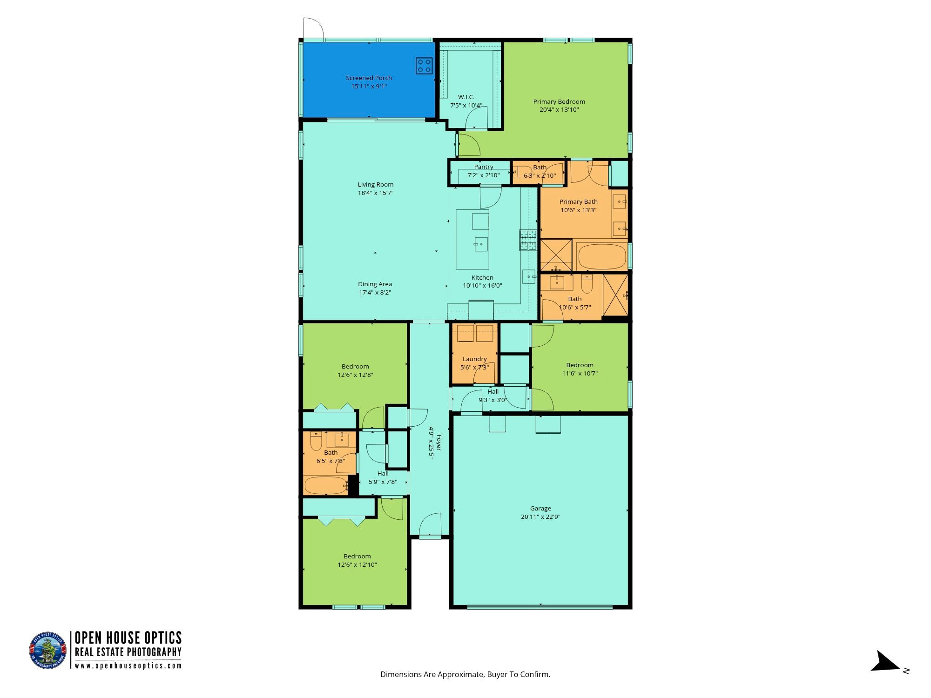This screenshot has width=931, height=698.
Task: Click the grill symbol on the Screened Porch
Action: (x=424, y=66)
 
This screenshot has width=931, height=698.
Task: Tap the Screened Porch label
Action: (x=369, y=78)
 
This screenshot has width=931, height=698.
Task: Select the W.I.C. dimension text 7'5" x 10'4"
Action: (x=466, y=105)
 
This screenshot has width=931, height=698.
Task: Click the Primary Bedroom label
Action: (x=559, y=101)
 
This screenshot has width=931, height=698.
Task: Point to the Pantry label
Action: (x=484, y=167)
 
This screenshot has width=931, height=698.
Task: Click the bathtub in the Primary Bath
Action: (x=601, y=256)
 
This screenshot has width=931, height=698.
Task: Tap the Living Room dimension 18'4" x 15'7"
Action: (x=376, y=193)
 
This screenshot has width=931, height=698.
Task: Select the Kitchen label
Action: (x=482, y=277)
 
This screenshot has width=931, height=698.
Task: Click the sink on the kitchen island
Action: (x=481, y=244)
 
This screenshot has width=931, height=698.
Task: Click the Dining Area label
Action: (x=375, y=284)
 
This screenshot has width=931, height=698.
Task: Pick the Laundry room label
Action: (x=475, y=359)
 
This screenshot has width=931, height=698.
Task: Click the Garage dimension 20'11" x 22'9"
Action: (x=540, y=517)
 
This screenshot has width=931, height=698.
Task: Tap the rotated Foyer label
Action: (x=439, y=443)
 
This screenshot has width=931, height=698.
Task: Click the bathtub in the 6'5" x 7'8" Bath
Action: (x=326, y=485)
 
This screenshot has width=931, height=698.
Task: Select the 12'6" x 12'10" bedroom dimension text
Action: (x=357, y=564)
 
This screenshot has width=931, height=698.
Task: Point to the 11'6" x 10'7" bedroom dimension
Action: (x=580, y=373)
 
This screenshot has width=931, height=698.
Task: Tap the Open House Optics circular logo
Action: (x=48, y=651)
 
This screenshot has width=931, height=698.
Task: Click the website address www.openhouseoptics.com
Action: (x=128, y=665)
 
